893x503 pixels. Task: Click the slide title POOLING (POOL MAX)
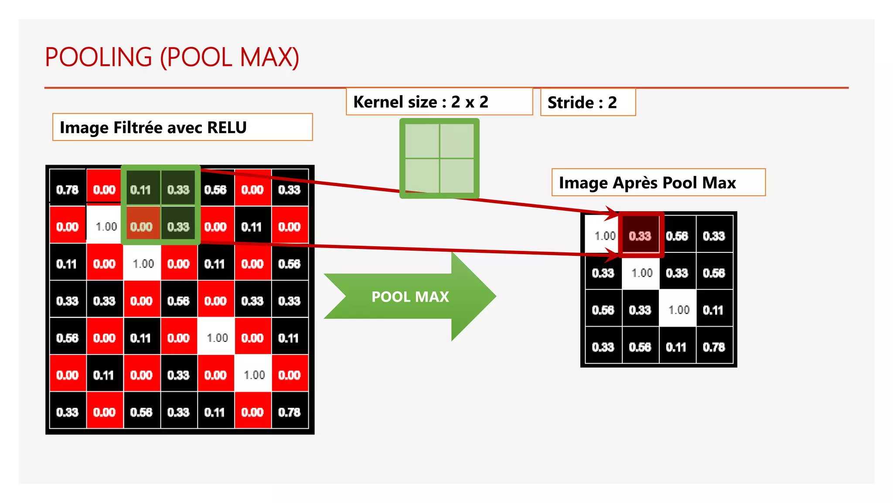tap(172, 57)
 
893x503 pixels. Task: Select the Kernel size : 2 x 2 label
tap(420, 102)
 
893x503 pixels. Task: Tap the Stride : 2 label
tap(582, 103)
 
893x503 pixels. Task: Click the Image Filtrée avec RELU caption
tap(153, 127)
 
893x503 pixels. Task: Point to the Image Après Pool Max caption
tap(647, 183)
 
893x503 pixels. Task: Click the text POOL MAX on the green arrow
tap(410, 297)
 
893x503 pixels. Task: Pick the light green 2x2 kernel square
tap(439, 158)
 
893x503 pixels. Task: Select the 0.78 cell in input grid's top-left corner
tap(67, 189)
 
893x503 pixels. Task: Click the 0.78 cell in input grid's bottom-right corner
tap(290, 412)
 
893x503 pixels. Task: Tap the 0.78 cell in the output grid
tap(714, 347)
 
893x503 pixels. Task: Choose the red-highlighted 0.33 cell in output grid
tap(640, 236)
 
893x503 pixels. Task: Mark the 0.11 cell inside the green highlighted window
tap(140, 189)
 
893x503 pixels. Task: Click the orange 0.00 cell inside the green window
tap(141, 227)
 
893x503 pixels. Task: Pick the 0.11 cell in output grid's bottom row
tap(676, 347)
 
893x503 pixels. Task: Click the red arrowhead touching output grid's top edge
tap(613, 213)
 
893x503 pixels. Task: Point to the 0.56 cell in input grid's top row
tap(215, 189)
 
